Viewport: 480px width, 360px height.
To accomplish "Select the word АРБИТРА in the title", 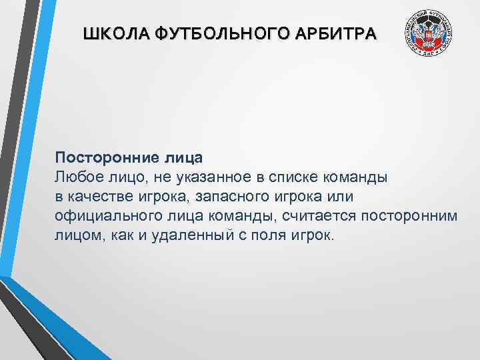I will click(x=337, y=33).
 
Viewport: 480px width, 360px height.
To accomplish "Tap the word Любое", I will click(x=77, y=178).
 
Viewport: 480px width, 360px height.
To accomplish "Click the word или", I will click(x=339, y=197).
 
